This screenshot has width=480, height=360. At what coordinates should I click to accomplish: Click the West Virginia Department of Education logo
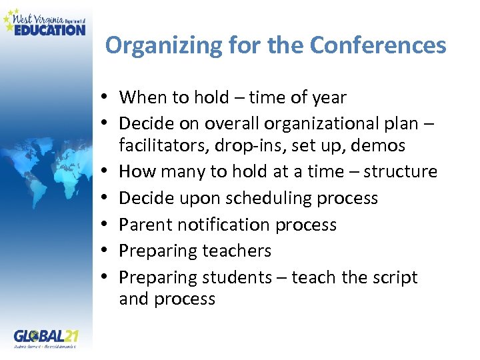click(45, 21)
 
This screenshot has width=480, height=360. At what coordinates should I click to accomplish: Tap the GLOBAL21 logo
click(45, 337)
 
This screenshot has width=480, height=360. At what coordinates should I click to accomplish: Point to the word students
click(235, 277)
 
